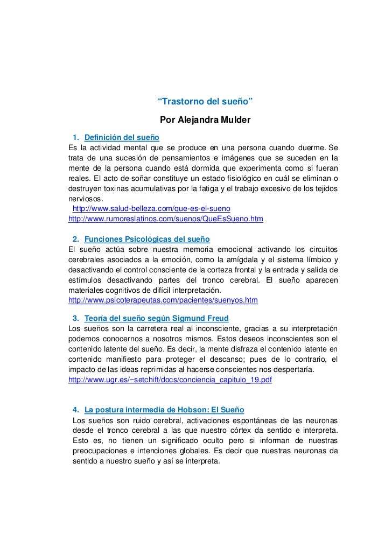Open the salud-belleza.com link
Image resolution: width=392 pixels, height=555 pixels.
pos(151,208)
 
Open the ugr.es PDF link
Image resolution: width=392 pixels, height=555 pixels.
pos(170,380)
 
